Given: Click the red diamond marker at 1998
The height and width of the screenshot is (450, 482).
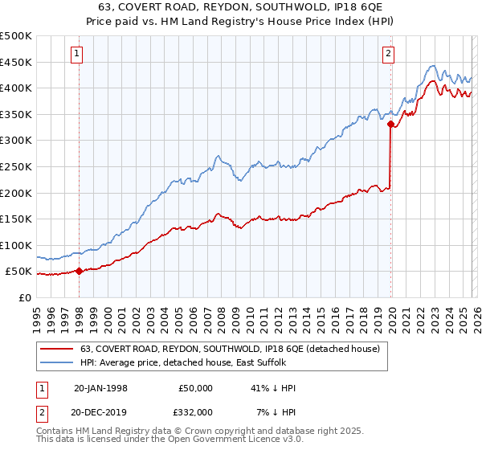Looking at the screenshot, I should pyautogui.click(x=80, y=272).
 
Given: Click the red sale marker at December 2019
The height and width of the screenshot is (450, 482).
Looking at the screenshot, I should pyautogui.click(x=391, y=124).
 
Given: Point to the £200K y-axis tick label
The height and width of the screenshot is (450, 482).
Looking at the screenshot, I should pyautogui.click(x=16, y=193).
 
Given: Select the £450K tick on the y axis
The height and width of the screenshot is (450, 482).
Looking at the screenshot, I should pyautogui.click(x=16, y=62).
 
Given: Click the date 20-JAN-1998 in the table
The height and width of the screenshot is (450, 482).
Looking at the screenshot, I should pyautogui.click(x=100, y=388).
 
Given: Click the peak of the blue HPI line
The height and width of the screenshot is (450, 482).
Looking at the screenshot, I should pyautogui.click(x=432, y=66).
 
